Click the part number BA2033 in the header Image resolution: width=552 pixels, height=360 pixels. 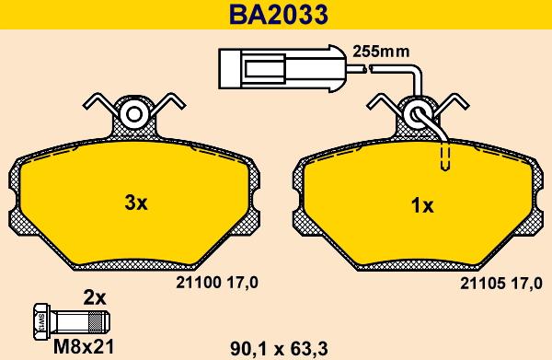pos(279,15)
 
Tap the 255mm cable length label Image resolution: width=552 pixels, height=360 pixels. pos(381,52)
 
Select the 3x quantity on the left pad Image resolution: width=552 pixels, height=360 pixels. pos(136,203)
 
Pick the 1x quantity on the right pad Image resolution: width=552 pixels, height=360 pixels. pos(422,205)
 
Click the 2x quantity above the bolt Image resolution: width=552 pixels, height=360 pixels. pos(95,298)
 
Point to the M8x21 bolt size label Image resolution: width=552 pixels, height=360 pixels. pos(84,347)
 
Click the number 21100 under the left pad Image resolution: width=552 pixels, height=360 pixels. pos(198,283)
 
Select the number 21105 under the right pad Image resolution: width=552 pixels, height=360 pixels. pos(483,284)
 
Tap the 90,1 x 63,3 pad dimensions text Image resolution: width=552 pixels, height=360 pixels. pos(279,349)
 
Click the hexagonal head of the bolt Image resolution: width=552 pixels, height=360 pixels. pos(42,321)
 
